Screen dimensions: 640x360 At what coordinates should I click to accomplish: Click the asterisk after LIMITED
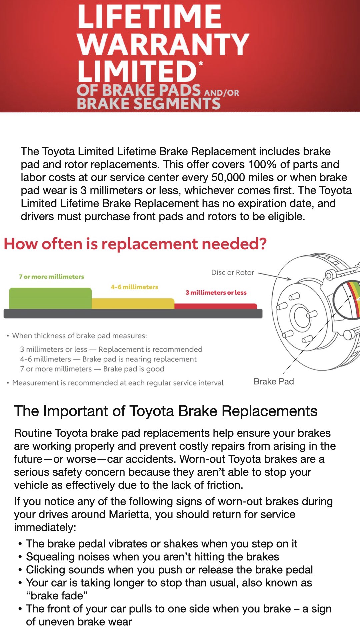[201, 63]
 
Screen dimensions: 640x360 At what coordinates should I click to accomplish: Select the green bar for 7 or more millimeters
[50, 298]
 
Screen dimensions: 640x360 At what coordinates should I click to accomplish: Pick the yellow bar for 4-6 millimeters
[133, 303]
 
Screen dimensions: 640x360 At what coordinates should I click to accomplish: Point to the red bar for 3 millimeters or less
[215, 306]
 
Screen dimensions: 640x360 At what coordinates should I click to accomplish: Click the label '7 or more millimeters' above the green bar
[51, 277]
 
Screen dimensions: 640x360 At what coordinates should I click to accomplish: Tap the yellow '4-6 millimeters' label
[134, 287]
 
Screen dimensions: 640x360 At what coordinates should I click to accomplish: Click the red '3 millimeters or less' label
[216, 293]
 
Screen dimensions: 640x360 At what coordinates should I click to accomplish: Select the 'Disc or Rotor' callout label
[233, 273]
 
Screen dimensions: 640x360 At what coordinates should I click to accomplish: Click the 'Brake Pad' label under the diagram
[274, 382]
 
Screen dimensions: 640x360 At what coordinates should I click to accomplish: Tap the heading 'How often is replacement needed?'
[135, 244]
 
